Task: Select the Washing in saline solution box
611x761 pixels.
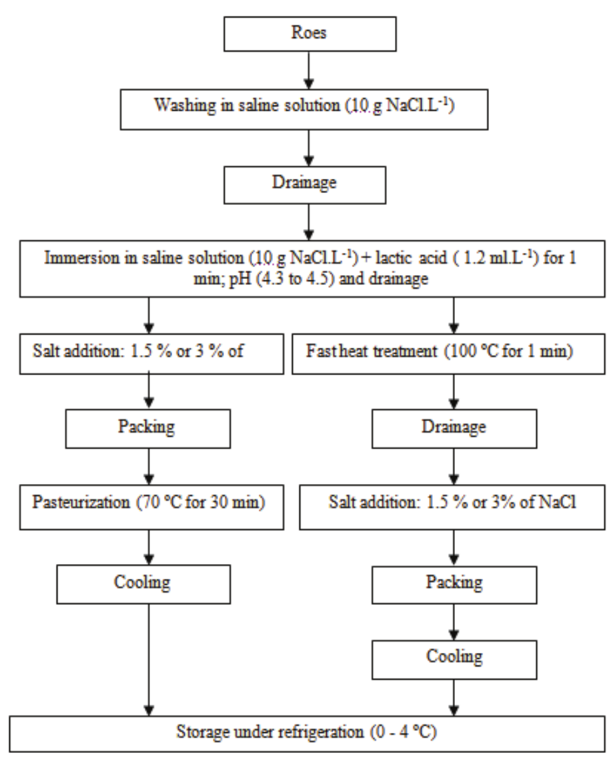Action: (x=305, y=107)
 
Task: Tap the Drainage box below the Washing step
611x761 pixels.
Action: (x=305, y=184)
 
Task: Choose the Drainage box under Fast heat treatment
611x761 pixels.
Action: (x=454, y=427)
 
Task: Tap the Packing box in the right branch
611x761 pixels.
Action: (x=454, y=581)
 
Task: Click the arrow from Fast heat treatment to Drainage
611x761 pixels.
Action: (x=454, y=389)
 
